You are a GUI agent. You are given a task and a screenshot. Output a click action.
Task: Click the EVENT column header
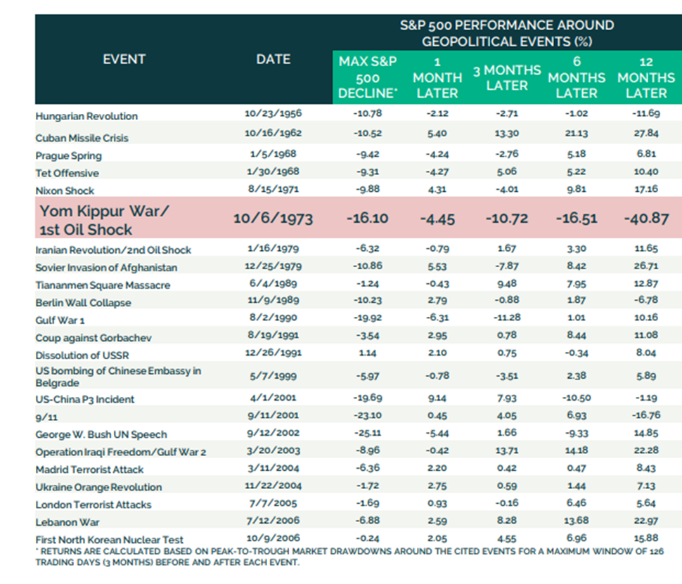(124, 59)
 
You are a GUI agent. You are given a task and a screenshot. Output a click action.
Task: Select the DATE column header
(273, 59)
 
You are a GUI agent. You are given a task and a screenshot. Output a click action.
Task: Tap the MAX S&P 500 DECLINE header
(363, 77)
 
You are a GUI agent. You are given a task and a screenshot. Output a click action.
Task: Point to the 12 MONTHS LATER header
(646, 77)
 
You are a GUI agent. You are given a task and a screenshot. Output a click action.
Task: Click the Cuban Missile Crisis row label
(82, 138)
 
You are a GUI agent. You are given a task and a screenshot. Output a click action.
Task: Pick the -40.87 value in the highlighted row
(646, 218)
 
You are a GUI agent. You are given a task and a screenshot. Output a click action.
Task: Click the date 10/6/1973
(273, 218)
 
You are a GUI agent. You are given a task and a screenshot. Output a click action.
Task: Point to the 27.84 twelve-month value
(645, 138)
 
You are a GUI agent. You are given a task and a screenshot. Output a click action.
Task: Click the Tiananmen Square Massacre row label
(103, 285)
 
